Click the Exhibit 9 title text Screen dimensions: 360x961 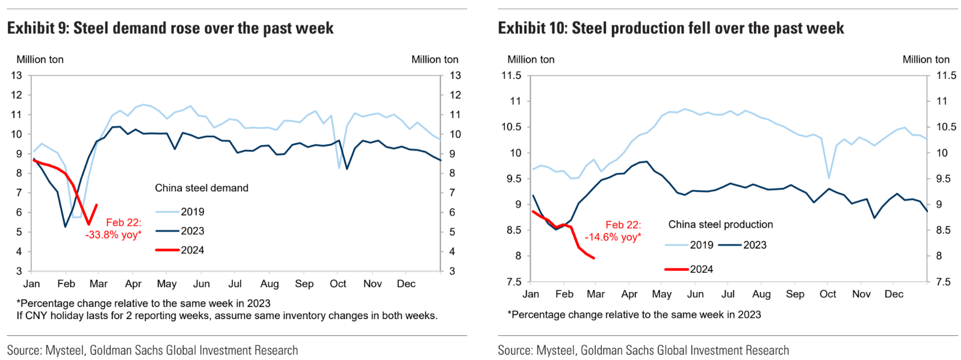pos(170,28)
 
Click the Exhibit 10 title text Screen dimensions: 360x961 pos(671,28)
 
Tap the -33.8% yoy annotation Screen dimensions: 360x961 pos(114,235)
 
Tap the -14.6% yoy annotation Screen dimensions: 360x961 pos(613,237)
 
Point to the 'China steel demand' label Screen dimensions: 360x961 pos(202,188)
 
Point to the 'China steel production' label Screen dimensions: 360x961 pos(720,225)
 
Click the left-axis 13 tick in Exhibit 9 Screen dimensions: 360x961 pos(16,76)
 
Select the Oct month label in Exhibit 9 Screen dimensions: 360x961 pos(338,284)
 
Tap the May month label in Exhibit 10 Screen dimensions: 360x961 pos(661,294)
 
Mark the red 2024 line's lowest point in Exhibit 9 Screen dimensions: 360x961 pos(88,224)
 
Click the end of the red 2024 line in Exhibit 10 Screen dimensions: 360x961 pos(594,258)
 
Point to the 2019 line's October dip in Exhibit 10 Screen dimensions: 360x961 pos(829,178)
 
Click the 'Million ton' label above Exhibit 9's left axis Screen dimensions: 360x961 pos(40,60)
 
